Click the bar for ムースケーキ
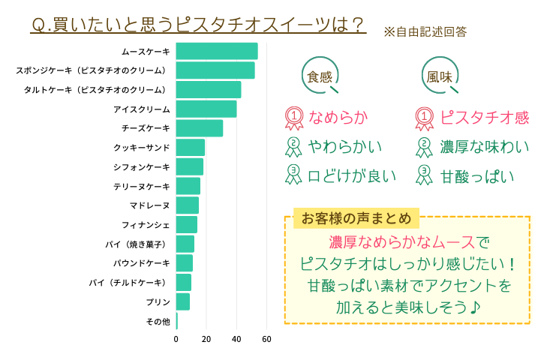point(217,51)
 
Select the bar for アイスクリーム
point(206,109)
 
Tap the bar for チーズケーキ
point(200,128)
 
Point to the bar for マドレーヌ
point(188,205)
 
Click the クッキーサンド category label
point(142,148)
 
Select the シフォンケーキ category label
point(142,166)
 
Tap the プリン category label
point(158,302)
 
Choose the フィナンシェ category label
point(146,225)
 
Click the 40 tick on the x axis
point(236,339)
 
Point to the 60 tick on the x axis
point(266,339)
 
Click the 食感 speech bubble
point(320,76)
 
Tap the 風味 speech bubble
point(440,76)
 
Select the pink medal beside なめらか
point(294,117)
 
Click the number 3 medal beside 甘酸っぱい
point(425,175)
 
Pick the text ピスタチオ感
point(484,118)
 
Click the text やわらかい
point(345,146)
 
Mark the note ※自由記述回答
point(425,32)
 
